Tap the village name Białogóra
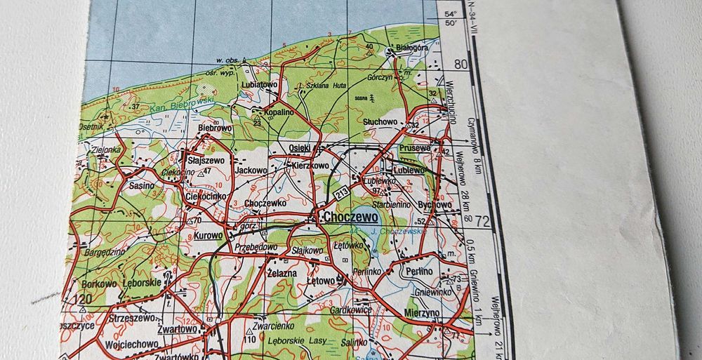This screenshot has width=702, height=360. point(412,48)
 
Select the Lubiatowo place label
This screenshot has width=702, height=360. point(259,84)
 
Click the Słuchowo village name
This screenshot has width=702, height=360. point(380,121)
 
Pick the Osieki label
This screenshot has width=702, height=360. point(300,147)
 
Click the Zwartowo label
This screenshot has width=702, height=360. point(175,328)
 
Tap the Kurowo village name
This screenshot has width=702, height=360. point(208,236)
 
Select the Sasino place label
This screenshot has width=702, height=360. point(143,187)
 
